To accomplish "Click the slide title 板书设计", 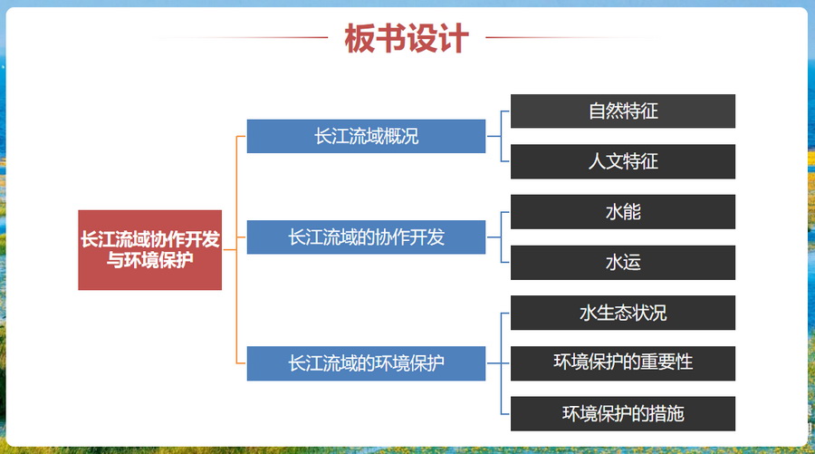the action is tap(407, 38).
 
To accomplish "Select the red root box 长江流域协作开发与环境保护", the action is tap(149, 249).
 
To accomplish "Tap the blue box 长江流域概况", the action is tap(366, 136).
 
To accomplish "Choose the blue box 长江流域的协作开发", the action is tap(366, 237).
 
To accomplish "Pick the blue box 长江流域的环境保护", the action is tap(366, 363).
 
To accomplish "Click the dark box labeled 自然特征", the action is tap(623, 111).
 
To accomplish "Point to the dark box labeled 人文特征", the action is tap(623, 161).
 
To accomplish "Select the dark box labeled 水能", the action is tap(623, 212).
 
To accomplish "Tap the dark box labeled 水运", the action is tap(623, 263).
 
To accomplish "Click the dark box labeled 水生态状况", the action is tap(623, 313).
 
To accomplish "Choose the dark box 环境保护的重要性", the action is tap(623, 363).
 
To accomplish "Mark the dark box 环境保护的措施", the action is tap(623, 413).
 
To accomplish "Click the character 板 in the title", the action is tap(360, 38).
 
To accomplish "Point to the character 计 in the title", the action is tap(454, 38).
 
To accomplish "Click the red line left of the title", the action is tap(242, 37).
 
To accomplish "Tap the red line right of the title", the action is tap(571, 37).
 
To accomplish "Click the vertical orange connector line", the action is tap(236, 249).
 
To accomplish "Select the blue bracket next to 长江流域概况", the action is tap(502, 136).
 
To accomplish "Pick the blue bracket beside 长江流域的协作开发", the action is tap(502, 237).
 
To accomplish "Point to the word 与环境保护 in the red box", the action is tap(149, 259).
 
